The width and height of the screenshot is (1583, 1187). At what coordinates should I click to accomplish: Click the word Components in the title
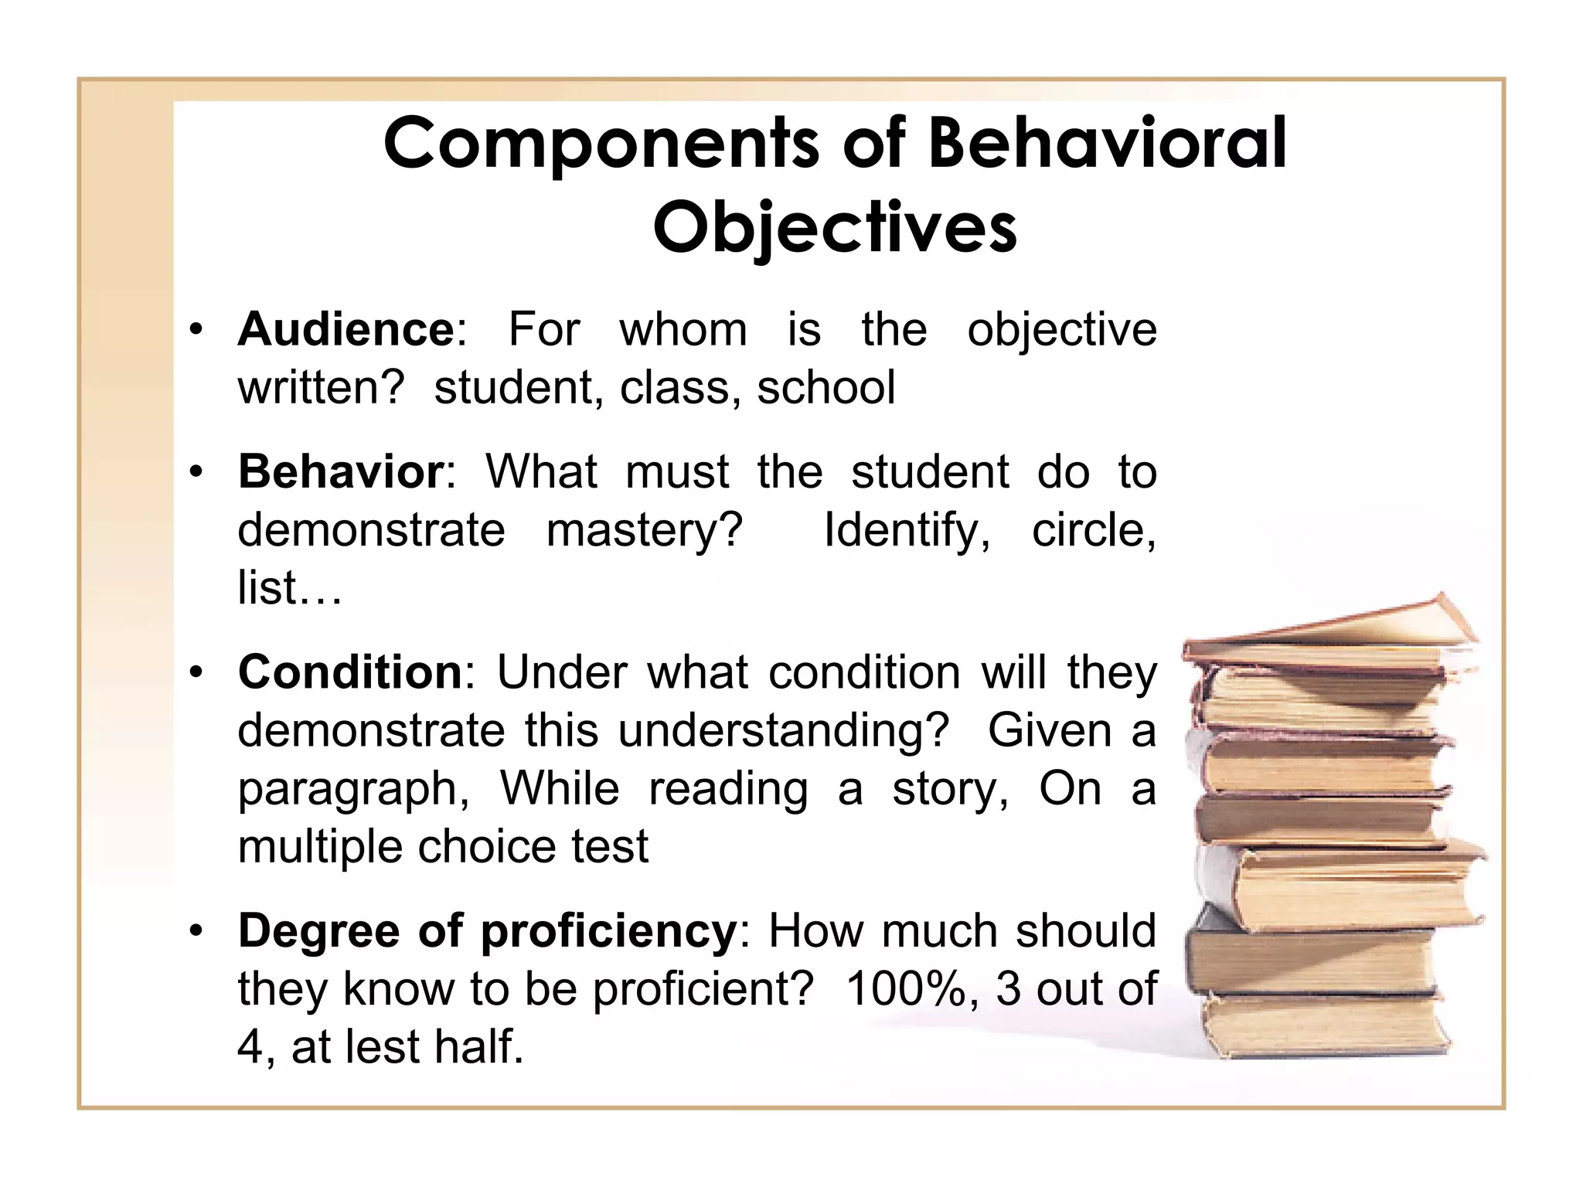click(x=601, y=144)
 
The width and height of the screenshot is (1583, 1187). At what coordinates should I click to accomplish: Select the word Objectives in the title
click(x=835, y=227)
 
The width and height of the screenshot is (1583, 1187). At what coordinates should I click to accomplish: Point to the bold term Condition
click(x=350, y=672)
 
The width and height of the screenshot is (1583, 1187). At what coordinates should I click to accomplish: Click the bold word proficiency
click(x=609, y=932)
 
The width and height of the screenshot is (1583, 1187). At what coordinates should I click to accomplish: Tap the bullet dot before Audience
click(x=197, y=331)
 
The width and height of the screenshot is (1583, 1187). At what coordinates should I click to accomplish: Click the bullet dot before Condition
click(x=197, y=673)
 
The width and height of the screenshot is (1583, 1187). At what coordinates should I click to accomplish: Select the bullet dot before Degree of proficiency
click(x=197, y=931)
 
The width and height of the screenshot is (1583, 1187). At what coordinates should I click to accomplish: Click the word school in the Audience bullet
click(x=826, y=388)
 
